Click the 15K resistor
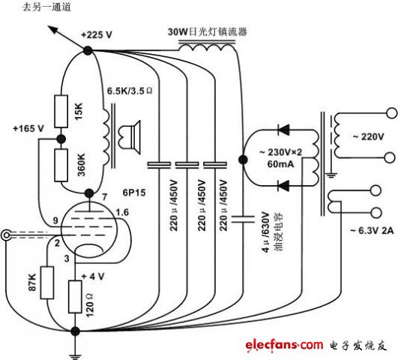[61, 111]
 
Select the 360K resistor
[61, 165]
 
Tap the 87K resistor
[47, 283]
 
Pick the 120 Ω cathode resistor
[75, 296]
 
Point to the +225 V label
[97, 34]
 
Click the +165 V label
[28, 128]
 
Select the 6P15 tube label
[134, 192]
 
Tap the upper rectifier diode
[283, 130]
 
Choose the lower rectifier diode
[283, 186]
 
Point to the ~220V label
[368, 137]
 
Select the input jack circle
[6, 235]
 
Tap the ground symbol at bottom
[75, 355]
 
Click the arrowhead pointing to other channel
[53, 29]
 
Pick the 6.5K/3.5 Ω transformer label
[130, 91]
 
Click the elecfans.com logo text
[284, 345]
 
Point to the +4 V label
[93, 277]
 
